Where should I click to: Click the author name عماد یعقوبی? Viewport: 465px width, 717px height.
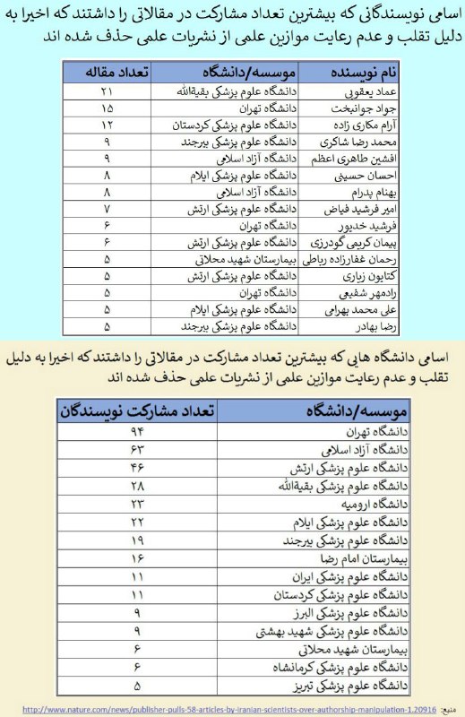tap(351, 91)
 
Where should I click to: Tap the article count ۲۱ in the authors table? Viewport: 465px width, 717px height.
tap(108, 91)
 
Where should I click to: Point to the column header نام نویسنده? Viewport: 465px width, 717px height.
tap(357, 73)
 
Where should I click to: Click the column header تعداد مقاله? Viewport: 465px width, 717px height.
tap(110, 73)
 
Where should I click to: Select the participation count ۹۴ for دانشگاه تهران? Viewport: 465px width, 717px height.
tap(137, 433)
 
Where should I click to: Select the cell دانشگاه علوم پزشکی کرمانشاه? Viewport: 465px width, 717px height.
tap(337, 668)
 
